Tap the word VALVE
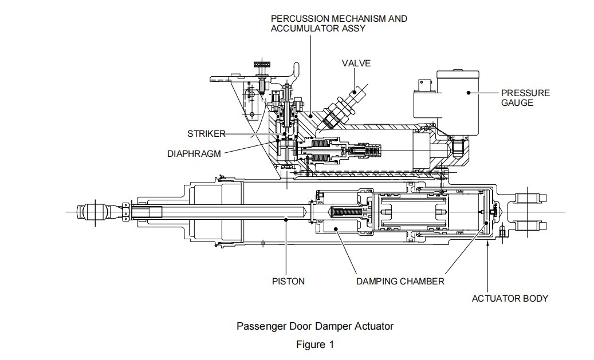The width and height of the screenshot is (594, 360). (356, 63)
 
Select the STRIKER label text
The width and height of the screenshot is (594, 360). (206, 134)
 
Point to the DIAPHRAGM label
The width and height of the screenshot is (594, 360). (194, 153)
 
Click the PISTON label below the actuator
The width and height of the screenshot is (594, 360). (288, 281)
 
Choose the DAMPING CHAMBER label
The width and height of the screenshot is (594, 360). (400, 281)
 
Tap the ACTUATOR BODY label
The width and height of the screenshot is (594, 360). (510, 298)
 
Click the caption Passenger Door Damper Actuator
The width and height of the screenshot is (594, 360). (315, 326)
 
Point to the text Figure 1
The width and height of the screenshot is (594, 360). (314, 345)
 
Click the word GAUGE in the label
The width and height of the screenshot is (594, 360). (517, 102)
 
